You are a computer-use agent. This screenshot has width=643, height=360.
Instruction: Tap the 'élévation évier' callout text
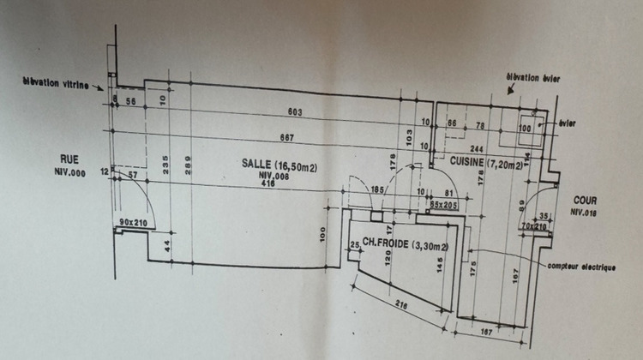[533, 76]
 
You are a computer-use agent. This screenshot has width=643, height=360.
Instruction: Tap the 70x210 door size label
[533, 225]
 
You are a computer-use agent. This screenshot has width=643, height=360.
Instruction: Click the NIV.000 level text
[69, 171]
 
